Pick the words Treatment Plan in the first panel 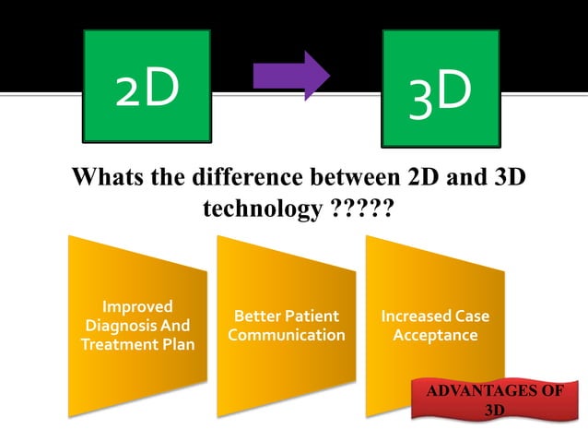pos(138,345)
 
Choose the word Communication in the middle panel pos(287,335)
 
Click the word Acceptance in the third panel pos(435,335)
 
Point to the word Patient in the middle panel pos(311,316)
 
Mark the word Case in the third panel pos(471,316)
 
